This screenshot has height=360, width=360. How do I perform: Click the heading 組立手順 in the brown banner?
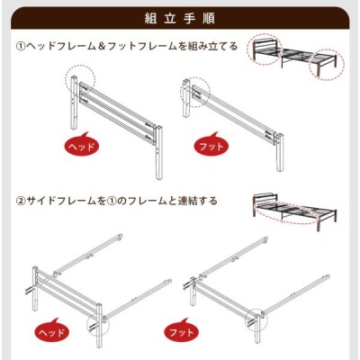pyautogui.click(x=179, y=19)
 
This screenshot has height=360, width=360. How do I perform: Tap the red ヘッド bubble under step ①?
pyautogui.click(x=81, y=146)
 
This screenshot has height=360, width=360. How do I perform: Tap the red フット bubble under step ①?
pyautogui.click(x=211, y=146)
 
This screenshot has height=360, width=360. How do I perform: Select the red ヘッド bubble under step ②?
pyautogui.click(x=51, y=332)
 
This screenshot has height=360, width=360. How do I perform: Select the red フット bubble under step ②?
pyautogui.click(x=181, y=332)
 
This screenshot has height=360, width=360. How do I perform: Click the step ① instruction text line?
pyautogui.click(x=127, y=47)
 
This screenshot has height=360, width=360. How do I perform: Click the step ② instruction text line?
pyautogui.click(x=116, y=201)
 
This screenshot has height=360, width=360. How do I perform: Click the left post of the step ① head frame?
pyautogui.click(x=74, y=103)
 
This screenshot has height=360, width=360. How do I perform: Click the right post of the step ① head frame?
pyautogui.click(x=158, y=152)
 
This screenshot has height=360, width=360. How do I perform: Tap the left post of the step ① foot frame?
pyautogui.click(x=186, y=98)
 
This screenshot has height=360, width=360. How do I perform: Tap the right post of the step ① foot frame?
pyautogui.click(x=280, y=152)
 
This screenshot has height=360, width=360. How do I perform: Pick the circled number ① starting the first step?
pyautogui.click(x=21, y=47)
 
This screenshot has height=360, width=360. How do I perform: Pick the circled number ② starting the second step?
pyautogui.click(x=21, y=201)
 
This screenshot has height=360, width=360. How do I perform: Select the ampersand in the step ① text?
pyautogui.click(x=102, y=47)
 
